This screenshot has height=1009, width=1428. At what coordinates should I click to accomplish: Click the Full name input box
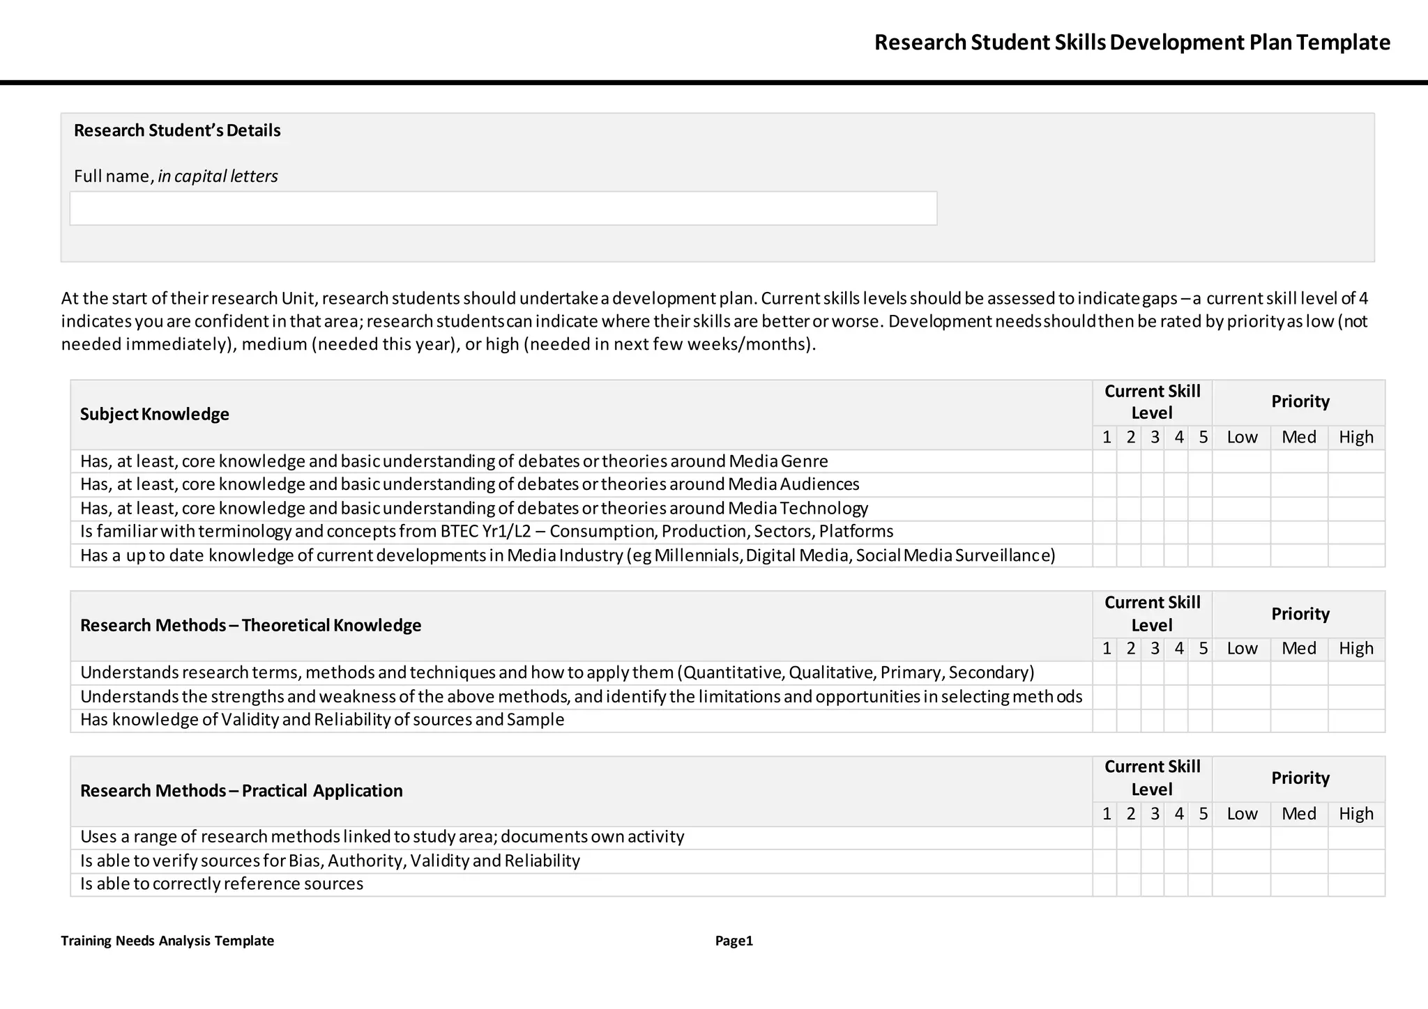click(503, 208)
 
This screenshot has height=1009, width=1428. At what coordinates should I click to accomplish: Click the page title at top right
click(1132, 43)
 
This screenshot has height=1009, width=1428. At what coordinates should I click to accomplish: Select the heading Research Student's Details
click(177, 130)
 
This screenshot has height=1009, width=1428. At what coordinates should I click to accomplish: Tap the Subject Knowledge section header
click(155, 414)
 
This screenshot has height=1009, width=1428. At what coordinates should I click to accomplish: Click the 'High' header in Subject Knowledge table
click(1355, 437)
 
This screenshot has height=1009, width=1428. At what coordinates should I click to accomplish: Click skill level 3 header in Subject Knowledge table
click(1155, 437)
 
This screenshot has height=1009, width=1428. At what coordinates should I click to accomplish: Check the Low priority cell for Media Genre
click(1241, 461)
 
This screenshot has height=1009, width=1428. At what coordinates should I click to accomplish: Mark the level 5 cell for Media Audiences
click(1200, 484)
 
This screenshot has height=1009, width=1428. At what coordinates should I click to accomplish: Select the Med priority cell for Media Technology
click(1299, 509)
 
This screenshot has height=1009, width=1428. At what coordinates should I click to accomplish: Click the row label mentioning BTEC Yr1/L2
click(487, 532)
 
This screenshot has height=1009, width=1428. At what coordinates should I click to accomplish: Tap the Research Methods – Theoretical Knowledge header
click(251, 625)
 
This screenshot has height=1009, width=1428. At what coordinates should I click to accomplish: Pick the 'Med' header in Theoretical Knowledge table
click(1299, 648)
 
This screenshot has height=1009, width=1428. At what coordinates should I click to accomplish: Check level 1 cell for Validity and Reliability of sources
click(1104, 721)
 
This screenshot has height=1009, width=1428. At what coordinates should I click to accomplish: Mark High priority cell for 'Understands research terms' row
click(1355, 673)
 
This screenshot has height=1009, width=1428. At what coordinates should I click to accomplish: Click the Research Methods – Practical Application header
click(241, 790)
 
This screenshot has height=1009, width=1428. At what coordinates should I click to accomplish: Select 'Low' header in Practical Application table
click(1241, 813)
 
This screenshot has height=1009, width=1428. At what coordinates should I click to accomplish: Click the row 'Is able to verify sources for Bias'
click(330, 861)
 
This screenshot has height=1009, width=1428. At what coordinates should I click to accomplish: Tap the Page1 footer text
click(734, 941)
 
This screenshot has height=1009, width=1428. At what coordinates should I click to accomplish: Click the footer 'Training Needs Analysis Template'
click(167, 941)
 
